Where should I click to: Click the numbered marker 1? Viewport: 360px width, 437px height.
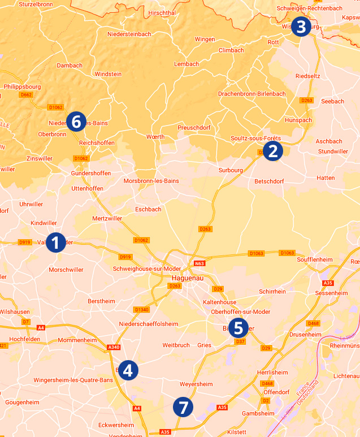click(x=55, y=243)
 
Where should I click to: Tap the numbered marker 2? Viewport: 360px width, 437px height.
click(x=273, y=150)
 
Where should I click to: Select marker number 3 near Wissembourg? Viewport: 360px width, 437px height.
click(x=301, y=27)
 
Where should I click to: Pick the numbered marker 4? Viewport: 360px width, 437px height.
click(x=128, y=370)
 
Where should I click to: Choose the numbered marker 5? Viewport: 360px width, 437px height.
click(x=238, y=328)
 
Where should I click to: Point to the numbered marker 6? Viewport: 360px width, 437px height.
click(x=76, y=122)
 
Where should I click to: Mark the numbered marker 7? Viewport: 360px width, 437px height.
click(x=183, y=406)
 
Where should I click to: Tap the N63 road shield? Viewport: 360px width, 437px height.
click(x=199, y=263)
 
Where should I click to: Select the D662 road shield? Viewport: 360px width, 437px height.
click(x=26, y=95)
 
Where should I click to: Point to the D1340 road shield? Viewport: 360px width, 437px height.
click(x=141, y=310)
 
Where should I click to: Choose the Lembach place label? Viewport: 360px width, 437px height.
click(x=186, y=64)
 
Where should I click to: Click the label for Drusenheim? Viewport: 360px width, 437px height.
click(x=305, y=334)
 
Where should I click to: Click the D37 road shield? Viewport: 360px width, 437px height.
click(x=240, y=341)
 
